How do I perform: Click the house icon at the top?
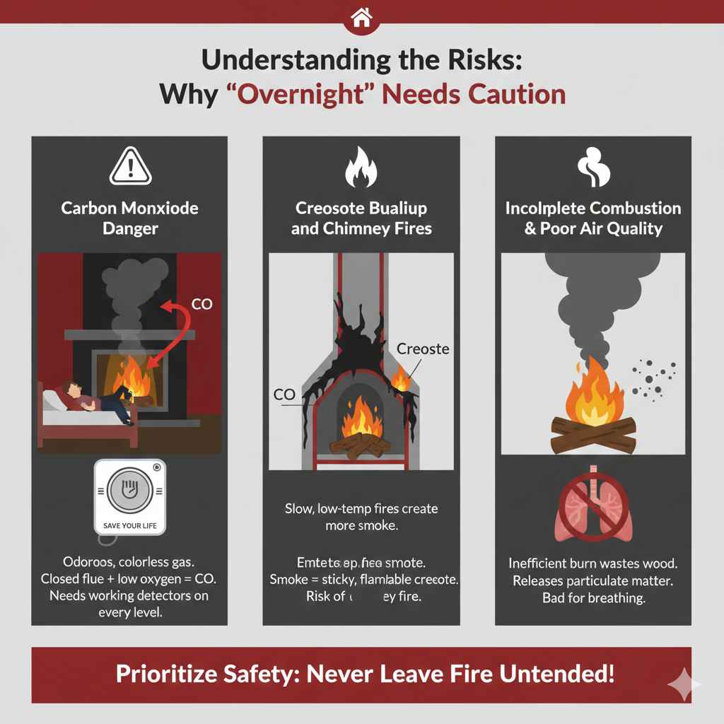tap(361, 18)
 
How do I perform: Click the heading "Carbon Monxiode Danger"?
tap(129, 218)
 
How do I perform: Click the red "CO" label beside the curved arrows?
tap(202, 305)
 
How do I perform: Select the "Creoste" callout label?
tap(424, 349)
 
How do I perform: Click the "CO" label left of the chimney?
tap(284, 395)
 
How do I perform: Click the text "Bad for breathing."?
tap(593, 597)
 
